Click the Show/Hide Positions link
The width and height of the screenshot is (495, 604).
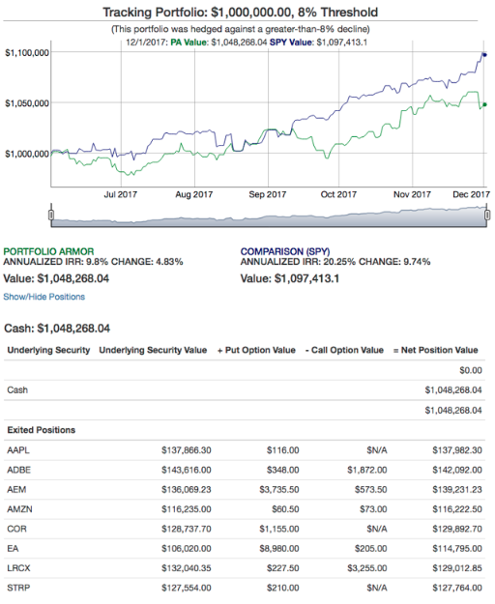pyautogui.click(x=44, y=297)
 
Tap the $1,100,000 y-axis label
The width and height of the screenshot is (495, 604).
pyautogui.click(x=27, y=53)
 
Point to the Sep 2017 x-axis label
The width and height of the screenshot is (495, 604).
pyautogui.click(x=268, y=194)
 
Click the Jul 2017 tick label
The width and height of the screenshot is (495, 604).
pyautogui.click(x=120, y=194)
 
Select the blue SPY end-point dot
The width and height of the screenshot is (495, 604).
pyautogui.click(x=484, y=55)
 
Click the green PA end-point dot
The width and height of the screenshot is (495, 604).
pyautogui.click(x=484, y=104)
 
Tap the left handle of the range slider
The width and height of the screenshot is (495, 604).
pyautogui.click(x=51, y=215)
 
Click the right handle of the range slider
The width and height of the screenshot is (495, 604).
pyautogui.click(x=487, y=215)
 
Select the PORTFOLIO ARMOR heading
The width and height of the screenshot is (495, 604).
pyautogui.click(x=48, y=251)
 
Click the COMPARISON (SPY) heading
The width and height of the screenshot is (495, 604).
pyautogui.click(x=285, y=251)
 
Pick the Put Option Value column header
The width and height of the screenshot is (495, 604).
pyautogui.click(x=256, y=350)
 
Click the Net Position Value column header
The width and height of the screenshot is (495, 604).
pyautogui.click(x=436, y=350)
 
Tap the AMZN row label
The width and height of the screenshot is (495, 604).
pyautogui.click(x=19, y=509)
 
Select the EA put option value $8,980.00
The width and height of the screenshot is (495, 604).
pyautogui.click(x=279, y=549)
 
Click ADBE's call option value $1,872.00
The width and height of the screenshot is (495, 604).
pyautogui.click(x=367, y=470)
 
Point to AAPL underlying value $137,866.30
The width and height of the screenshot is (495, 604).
pyautogui.click(x=187, y=450)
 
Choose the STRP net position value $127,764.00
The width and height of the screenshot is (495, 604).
pyautogui.click(x=457, y=588)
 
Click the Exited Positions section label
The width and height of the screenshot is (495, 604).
pyautogui.click(x=42, y=430)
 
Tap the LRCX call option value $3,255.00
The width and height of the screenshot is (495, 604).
pyautogui.click(x=367, y=568)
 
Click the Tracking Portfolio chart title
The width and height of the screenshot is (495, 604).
pyautogui.click(x=240, y=13)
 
